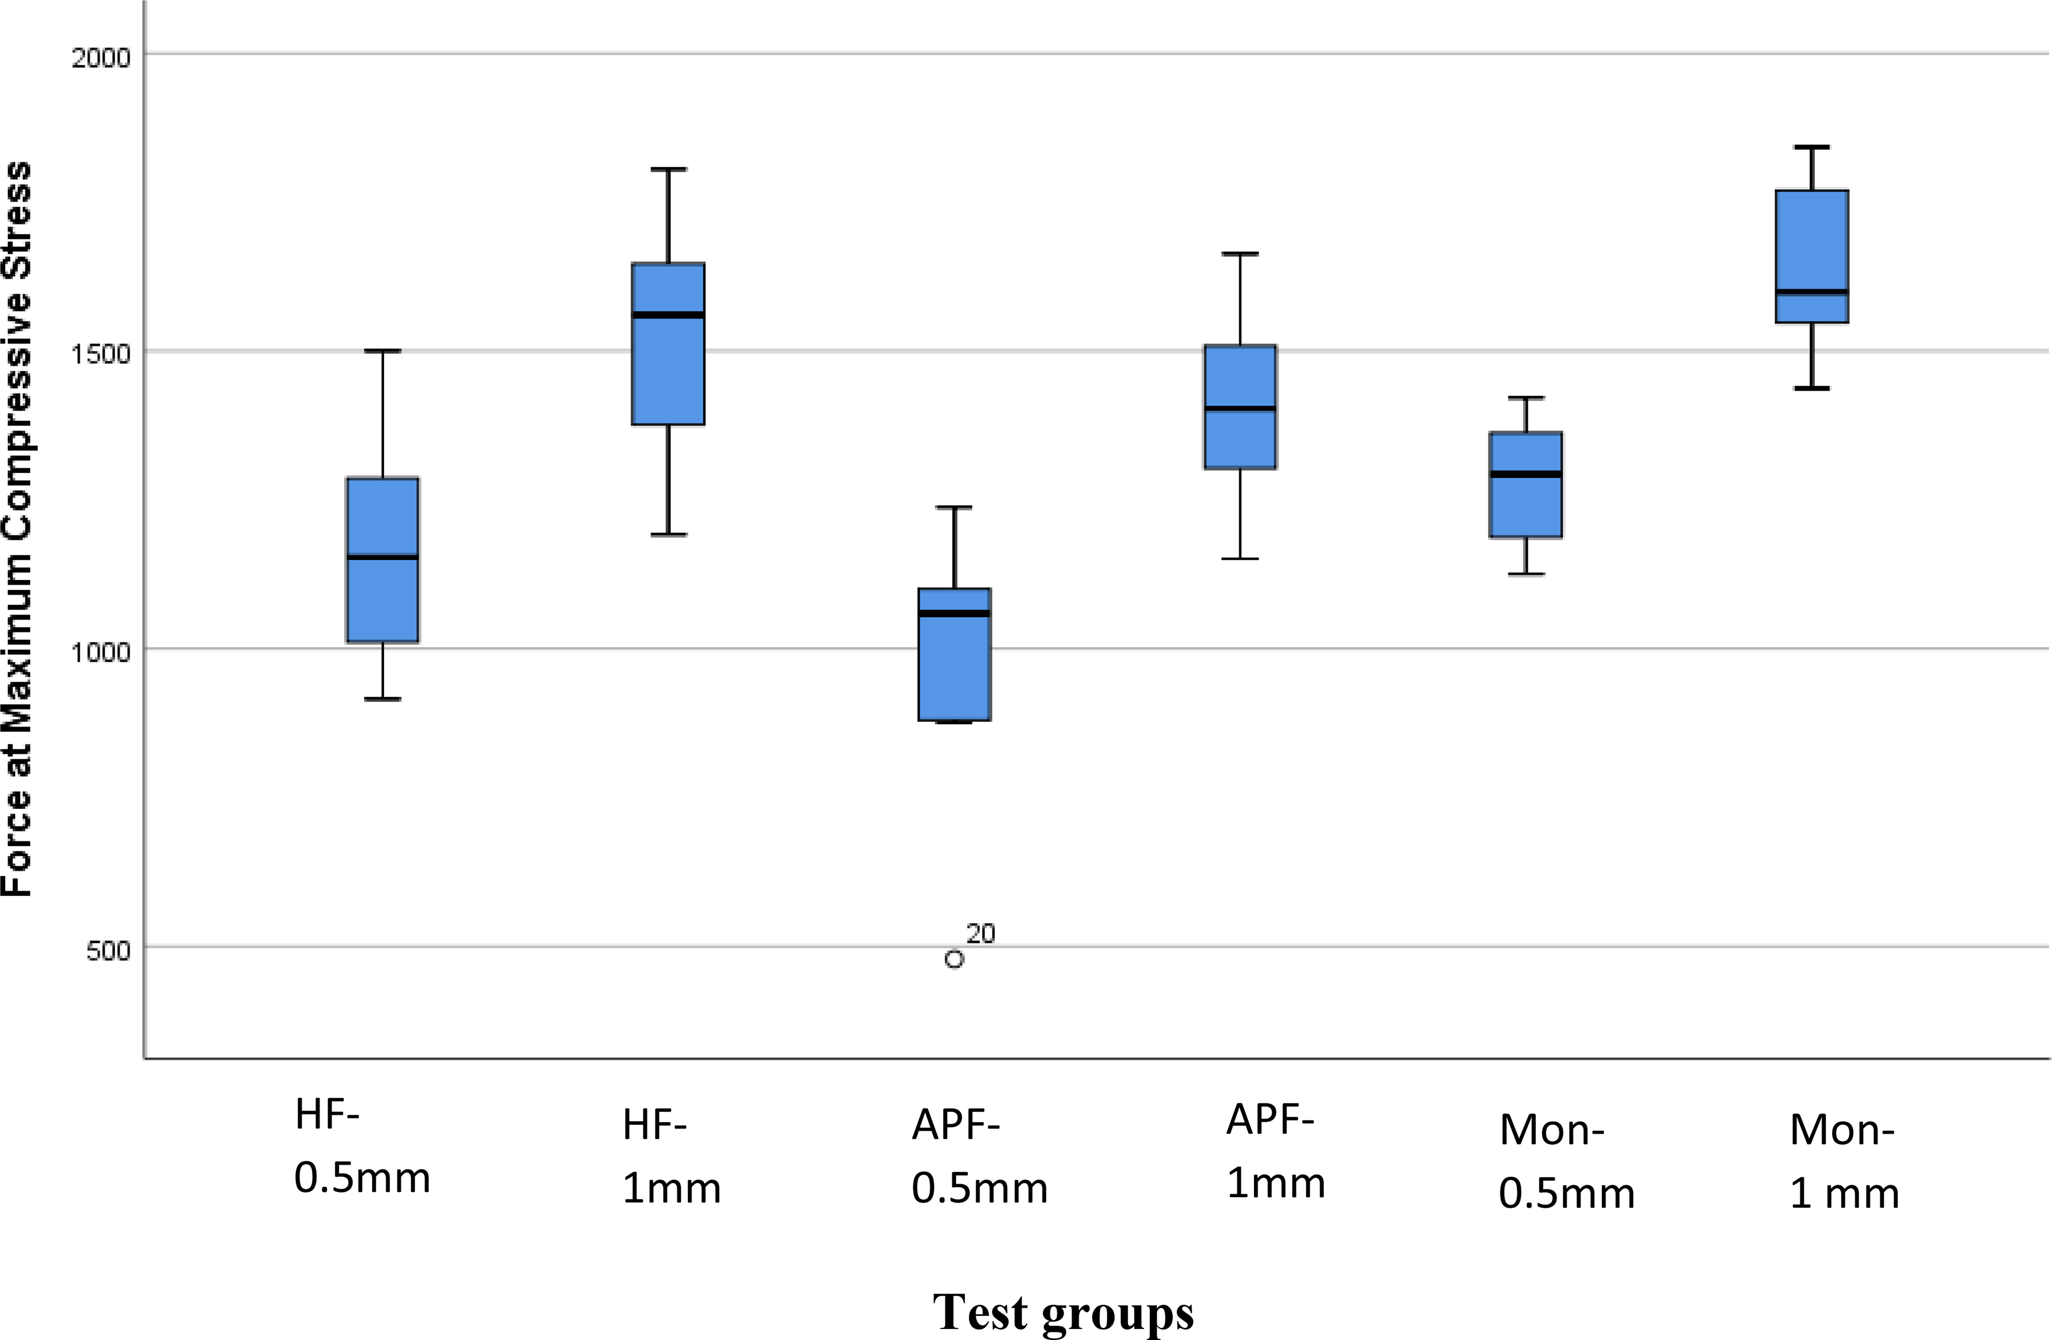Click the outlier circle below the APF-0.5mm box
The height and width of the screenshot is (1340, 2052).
pyautogui.click(x=953, y=959)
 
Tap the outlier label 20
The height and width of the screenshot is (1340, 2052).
pyautogui.click(x=980, y=934)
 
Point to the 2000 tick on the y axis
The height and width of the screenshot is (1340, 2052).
pyautogui.click(x=100, y=58)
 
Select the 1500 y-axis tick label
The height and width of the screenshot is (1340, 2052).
pyautogui.click(x=100, y=354)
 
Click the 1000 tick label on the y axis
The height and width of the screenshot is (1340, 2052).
pyautogui.click(x=100, y=652)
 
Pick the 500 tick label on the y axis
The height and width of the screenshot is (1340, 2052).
pyautogui.click(x=108, y=950)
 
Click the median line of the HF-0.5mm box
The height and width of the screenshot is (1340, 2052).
pyautogui.click(x=383, y=557)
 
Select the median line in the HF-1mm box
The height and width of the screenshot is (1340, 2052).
pyautogui.click(x=668, y=315)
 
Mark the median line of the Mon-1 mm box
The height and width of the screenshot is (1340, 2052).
pyautogui.click(x=1812, y=291)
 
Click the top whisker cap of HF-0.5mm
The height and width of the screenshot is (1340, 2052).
pyautogui.click(x=383, y=351)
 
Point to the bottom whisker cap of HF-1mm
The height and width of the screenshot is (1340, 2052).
pyautogui.click(x=668, y=534)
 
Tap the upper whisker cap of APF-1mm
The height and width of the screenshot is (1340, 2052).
pyautogui.click(x=1240, y=254)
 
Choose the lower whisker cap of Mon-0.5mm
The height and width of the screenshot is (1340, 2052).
pyautogui.click(x=1526, y=574)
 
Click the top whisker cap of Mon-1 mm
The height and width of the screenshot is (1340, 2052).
pyautogui.click(x=1812, y=147)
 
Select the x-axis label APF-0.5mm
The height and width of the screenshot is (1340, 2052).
pyautogui.click(x=979, y=1157)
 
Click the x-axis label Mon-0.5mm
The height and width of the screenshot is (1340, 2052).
pyautogui.click(x=1566, y=1161)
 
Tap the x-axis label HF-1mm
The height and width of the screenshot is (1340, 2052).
pyautogui.click(x=671, y=1157)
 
